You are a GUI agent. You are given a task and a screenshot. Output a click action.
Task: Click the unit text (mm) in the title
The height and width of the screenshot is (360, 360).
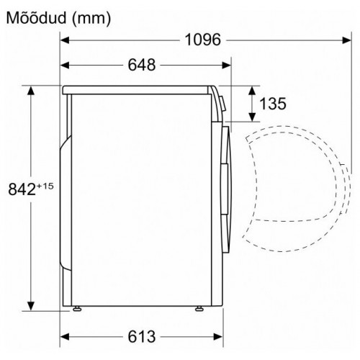[90, 17]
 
